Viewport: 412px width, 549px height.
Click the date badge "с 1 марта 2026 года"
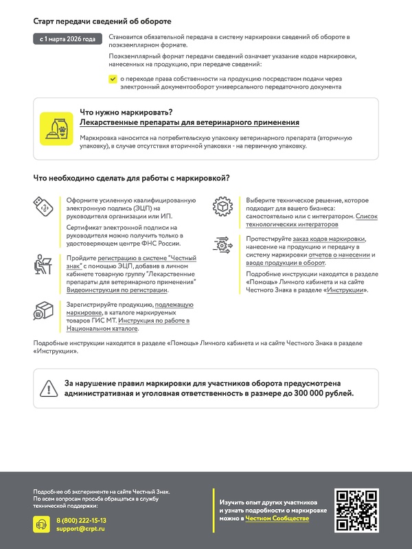pyautogui.click(x=69, y=38)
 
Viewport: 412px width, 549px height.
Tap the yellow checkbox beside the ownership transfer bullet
pyautogui.click(x=113, y=80)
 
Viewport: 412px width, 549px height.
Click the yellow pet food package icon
pyautogui.click(x=56, y=128)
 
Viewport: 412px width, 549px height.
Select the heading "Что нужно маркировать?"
pyautogui.click(x=126, y=111)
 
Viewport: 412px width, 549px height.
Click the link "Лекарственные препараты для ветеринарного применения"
pyautogui.click(x=190, y=122)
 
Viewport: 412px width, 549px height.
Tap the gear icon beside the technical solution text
pyautogui.click(x=222, y=206)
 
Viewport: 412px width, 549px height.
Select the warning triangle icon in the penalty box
pyautogui.click(x=49, y=388)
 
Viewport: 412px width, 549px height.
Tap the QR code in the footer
pyautogui.click(x=356, y=511)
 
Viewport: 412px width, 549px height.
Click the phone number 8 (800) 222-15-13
pyautogui.click(x=81, y=521)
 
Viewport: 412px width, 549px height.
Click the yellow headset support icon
pyautogui.click(x=42, y=524)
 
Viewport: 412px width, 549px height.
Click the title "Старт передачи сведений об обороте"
pyautogui.click(x=102, y=22)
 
